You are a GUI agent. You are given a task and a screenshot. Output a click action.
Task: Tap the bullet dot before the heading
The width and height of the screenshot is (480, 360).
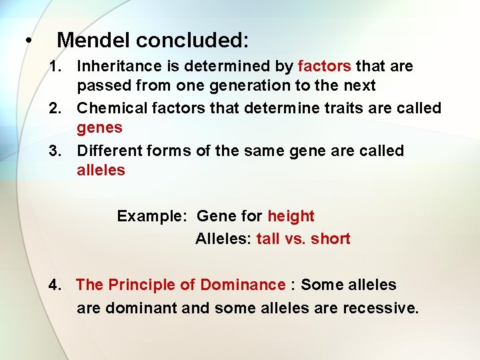click(x=27, y=41)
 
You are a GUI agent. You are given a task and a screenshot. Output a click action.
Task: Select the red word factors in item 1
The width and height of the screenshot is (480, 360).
click(x=324, y=67)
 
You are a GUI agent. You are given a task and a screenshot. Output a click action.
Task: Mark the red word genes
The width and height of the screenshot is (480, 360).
click(x=99, y=128)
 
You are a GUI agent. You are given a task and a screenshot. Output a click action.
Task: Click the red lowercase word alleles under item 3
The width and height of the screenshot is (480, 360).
click(x=101, y=170)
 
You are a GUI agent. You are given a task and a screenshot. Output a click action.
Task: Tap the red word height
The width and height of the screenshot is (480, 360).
click(x=291, y=217)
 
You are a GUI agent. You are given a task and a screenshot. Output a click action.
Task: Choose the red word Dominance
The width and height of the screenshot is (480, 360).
click(x=243, y=285)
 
